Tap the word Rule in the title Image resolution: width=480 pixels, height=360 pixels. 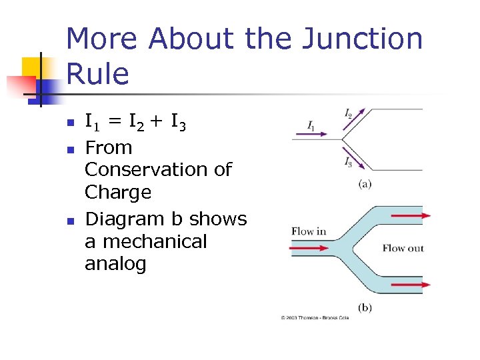[x=97, y=73]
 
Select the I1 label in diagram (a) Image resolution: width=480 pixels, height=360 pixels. [x=312, y=125]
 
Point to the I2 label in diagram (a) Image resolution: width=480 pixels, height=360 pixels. [x=349, y=113]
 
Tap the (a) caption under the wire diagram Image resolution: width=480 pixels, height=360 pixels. [x=365, y=184]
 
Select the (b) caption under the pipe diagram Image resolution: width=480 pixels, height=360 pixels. [x=365, y=307]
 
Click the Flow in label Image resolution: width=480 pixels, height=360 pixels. [x=309, y=231]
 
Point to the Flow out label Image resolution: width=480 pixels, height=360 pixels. [x=403, y=248]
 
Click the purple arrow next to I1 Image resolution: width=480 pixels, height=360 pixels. [x=311, y=133]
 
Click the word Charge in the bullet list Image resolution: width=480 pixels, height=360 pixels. [x=118, y=193]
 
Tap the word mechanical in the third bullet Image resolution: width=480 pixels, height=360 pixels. [x=146, y=241]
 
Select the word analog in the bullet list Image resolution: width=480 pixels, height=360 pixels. [x=115, y=264]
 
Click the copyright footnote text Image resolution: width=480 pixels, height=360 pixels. [x=315, y=318]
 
